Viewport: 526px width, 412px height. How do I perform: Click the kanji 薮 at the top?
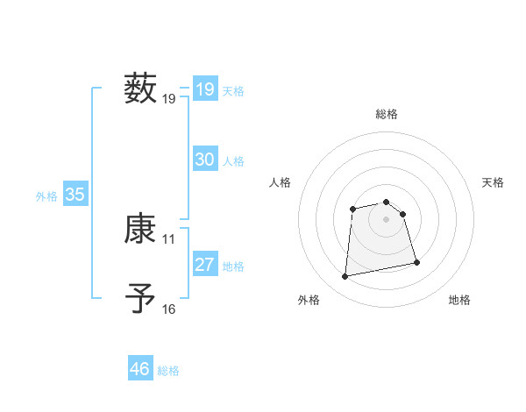[x=140, y=89]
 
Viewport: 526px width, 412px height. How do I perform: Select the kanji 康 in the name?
[x=140, y=230]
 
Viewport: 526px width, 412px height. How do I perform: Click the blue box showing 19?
[x=205, y=89]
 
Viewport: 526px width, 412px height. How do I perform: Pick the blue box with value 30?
[x=205, y=160]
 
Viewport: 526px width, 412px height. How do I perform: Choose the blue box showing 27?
[x=205, y=265]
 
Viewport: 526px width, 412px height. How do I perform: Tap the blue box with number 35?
[x=75, y=195]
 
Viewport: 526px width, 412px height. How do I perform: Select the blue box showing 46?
[x=140, y=369]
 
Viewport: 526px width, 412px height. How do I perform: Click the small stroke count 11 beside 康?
[x=169, y=239]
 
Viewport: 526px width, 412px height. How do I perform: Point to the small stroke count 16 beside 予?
[x=169, y=309]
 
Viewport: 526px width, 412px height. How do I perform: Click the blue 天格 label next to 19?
[x=233, y=91]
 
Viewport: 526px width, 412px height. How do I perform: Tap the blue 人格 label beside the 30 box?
[x=233, y=161]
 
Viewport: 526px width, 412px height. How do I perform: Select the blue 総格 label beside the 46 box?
[x=168, y=371]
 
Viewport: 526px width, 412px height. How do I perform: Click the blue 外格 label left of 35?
[x=46, y=196]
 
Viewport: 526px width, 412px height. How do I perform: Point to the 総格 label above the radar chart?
[x=387, y=114]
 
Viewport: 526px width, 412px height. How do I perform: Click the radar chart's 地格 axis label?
[x=459, y=300]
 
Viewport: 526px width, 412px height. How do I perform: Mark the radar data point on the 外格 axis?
[x=345, y=277]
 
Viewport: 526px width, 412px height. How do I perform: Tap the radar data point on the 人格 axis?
[x=352, y=209]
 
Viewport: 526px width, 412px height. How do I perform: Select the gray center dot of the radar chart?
[x=387, y=219]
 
